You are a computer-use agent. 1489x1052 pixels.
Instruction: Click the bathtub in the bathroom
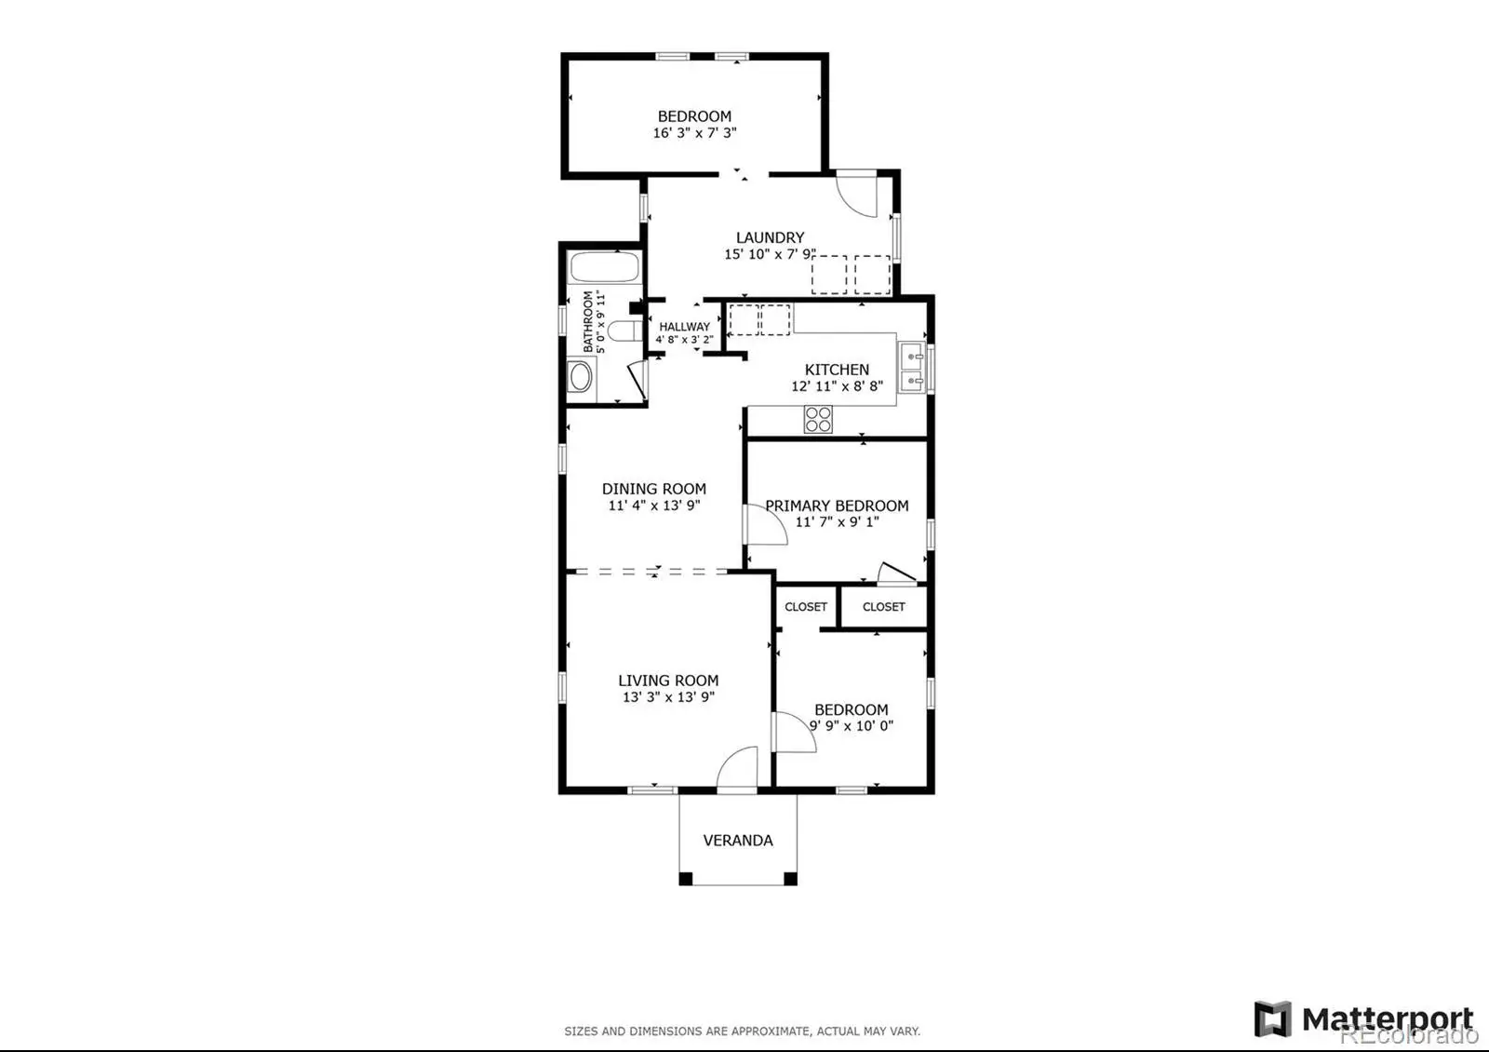[604, 267]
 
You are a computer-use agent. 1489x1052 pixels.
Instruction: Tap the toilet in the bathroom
[624, 330]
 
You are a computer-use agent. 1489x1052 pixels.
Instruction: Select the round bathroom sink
[581, 376]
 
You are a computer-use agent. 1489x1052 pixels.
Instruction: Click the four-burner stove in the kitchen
[818, 419]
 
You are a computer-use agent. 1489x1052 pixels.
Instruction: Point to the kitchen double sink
[911, 368]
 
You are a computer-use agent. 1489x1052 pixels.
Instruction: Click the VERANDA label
[738, 841]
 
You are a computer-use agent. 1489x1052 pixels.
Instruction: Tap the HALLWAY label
[684, 327]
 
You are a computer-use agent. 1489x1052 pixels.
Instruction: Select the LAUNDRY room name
[770, 237]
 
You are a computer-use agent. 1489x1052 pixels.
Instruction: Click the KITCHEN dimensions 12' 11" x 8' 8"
[837, 385]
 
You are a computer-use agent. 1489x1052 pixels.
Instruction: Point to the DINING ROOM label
[654, 489]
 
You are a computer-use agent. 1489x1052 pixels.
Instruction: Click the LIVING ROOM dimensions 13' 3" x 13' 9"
[668, 697]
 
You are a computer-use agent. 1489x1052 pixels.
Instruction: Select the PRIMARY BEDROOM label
[837, 506]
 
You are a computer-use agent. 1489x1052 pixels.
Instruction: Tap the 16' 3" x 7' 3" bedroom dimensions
[694, 133]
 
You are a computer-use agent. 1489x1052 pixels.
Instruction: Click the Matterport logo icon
[1272, 1018]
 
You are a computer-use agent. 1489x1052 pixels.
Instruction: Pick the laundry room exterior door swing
[857, 195]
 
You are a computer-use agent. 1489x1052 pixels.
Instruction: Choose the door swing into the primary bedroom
[765, 525]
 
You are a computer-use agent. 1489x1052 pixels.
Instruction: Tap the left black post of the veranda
[685, 879]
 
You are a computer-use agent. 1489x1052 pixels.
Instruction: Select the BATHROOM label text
[587, 321]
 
